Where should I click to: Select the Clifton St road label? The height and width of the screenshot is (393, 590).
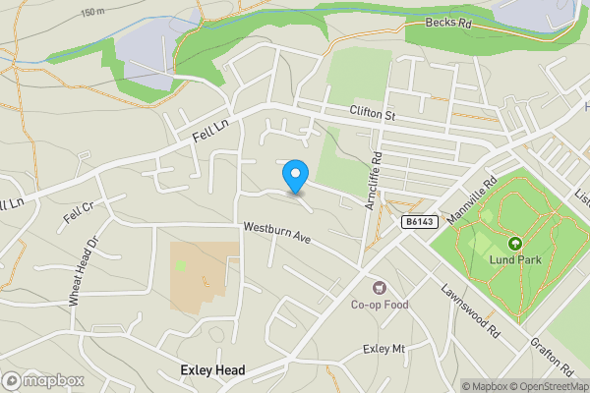(371, 115)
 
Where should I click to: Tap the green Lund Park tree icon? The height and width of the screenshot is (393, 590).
(513, 243)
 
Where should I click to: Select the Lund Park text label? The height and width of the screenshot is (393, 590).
(513, 261)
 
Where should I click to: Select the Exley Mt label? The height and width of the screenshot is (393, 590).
(383, 349)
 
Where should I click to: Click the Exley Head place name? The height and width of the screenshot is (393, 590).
(212, 370)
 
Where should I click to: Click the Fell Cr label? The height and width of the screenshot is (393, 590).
(78, 210)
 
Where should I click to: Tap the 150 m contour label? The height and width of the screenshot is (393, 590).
(93, 12)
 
